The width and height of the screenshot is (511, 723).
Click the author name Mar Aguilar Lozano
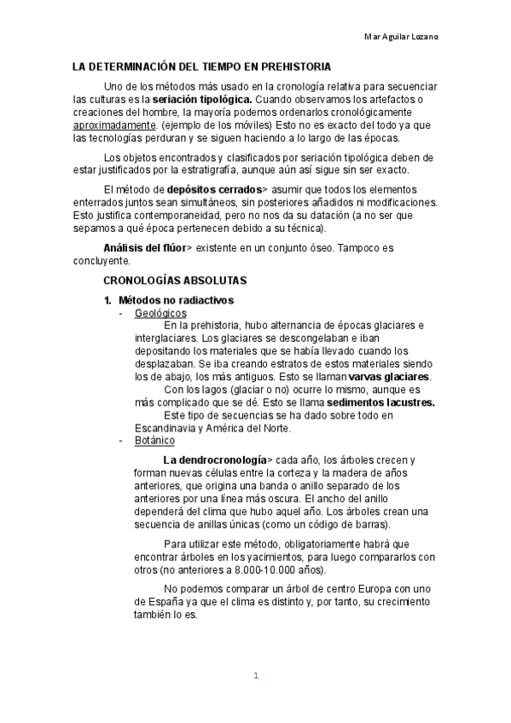point(403,38)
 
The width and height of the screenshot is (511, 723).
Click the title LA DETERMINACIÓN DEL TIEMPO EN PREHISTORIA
point(200,67)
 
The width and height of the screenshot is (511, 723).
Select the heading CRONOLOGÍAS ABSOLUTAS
point(175,280)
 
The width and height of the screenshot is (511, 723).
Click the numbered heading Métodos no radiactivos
point(176,301)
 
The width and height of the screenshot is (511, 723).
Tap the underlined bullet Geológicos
point(161,313)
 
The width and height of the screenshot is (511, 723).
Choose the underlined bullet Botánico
point(155,441)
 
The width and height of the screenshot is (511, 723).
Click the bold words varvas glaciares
point(390,377)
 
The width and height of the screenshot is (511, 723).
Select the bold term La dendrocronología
point(214,460)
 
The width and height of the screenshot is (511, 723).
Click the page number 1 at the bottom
point(255,677)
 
